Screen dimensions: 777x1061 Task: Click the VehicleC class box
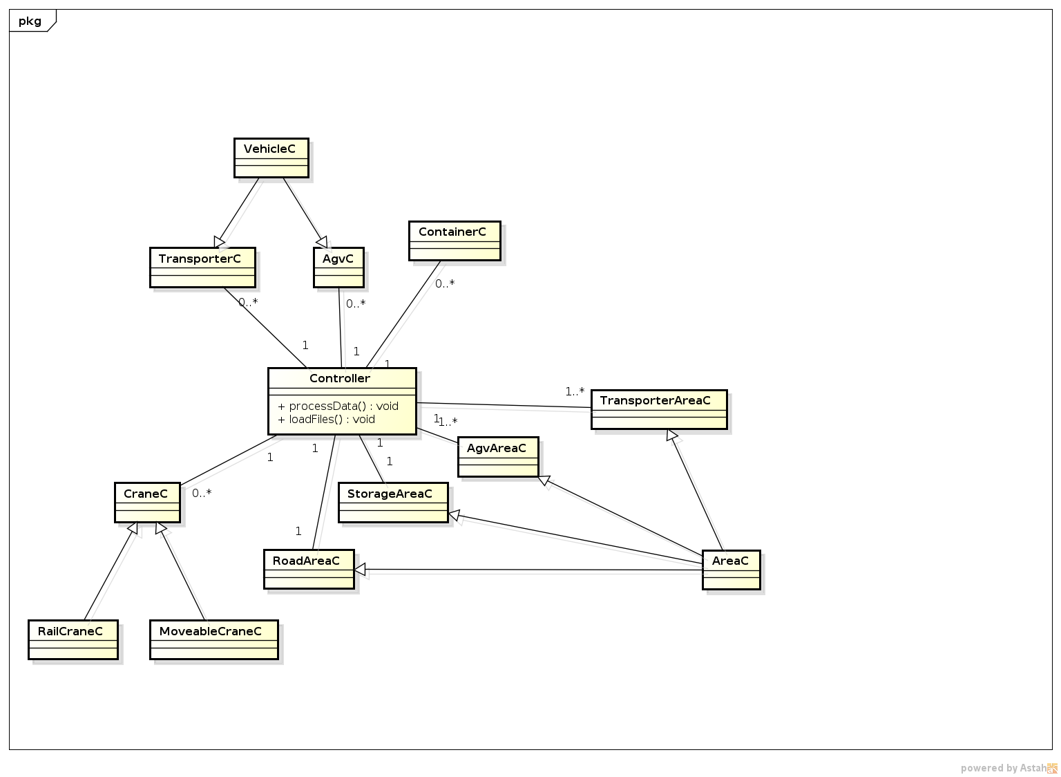click(x=271, y=158)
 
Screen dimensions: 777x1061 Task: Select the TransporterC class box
click(x=202, y=268)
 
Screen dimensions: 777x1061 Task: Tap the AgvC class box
click(x=338, y=268)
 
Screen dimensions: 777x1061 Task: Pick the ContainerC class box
click(x=454, y=241)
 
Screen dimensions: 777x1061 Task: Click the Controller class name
click(x=340, y=378)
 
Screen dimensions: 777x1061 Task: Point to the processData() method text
click(x=338, y=406)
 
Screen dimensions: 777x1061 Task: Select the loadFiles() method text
click(x=326, y=419)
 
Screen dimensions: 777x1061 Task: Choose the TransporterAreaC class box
click(x=659, y=409)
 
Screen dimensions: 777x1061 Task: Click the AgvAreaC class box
click(x=497, y=456)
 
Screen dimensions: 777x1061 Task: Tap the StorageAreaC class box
click(x=392, y=503)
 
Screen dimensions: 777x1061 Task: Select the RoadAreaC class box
click(x=309, y=569)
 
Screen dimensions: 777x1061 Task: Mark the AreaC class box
click(x=731, y=570)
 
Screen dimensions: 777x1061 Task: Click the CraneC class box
click(x=147, y=502)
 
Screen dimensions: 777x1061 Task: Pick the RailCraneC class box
click(x=73, y=639)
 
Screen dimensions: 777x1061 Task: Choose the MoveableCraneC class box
click(x=214, y=639)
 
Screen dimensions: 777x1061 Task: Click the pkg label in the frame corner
click(x=30, y=21)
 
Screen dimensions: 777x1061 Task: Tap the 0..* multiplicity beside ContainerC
click(x=445, y=283)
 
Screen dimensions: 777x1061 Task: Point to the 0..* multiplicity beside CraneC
click(x=202, y=493)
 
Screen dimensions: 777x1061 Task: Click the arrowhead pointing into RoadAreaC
click(x=360, y=570)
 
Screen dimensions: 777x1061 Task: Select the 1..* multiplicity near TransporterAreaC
click(x=575, y=392)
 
